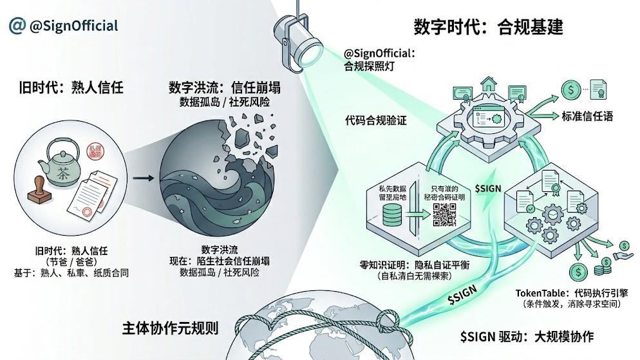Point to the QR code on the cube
(x=444, y=214)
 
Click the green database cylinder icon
(x=391, y=216)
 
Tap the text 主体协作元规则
(x=169, y=328)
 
